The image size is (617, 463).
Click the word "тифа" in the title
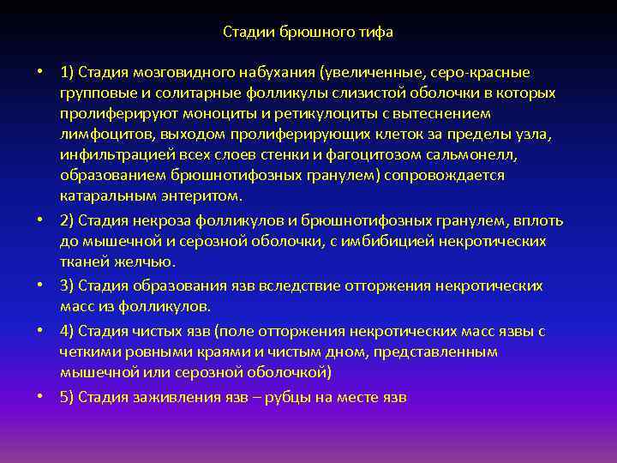pyautogui.click(x=376, y=33)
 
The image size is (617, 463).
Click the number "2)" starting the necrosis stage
pyautogui.click(x=69, y=220)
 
